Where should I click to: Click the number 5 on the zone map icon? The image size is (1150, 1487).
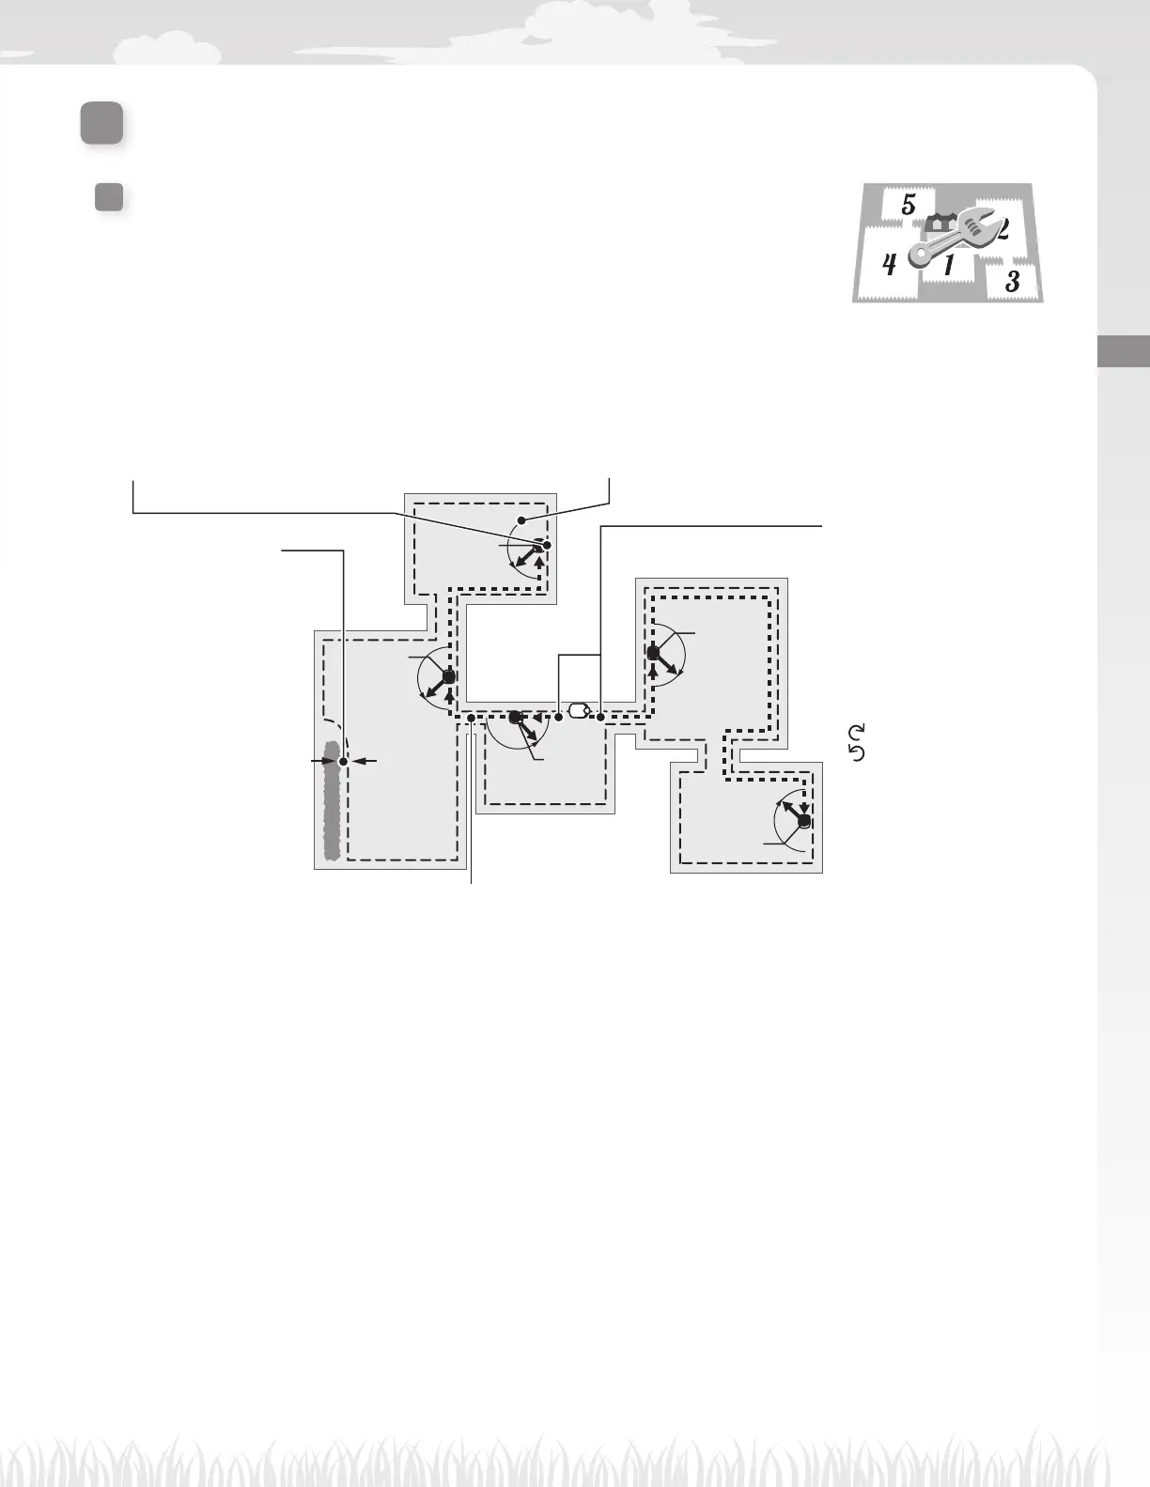pos(909,205)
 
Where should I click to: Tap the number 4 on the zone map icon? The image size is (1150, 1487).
pos(889,265)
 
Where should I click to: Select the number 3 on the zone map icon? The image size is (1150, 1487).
pos(1012,280)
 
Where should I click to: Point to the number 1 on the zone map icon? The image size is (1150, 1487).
pos(949,266)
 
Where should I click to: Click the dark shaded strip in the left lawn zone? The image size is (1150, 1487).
pos(331,799)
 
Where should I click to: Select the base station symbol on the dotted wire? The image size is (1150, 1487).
pos(579,710)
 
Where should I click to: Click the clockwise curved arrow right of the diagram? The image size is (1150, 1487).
pos(857,732)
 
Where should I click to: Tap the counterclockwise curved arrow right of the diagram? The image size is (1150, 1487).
pos(857,751)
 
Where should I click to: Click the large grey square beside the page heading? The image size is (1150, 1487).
pos(101,124)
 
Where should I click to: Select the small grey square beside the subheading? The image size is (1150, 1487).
pos(110,196)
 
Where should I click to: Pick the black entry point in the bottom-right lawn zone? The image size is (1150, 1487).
pos(804,821)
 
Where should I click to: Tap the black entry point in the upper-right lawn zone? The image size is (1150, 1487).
pos(654,653)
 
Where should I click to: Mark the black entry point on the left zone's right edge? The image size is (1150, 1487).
pos(449,676)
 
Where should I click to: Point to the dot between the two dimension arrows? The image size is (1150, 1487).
pos(344,761)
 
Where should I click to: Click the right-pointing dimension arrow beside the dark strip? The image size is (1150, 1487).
pos(322,761)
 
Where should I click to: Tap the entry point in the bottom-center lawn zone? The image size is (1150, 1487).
pos(515,718)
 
